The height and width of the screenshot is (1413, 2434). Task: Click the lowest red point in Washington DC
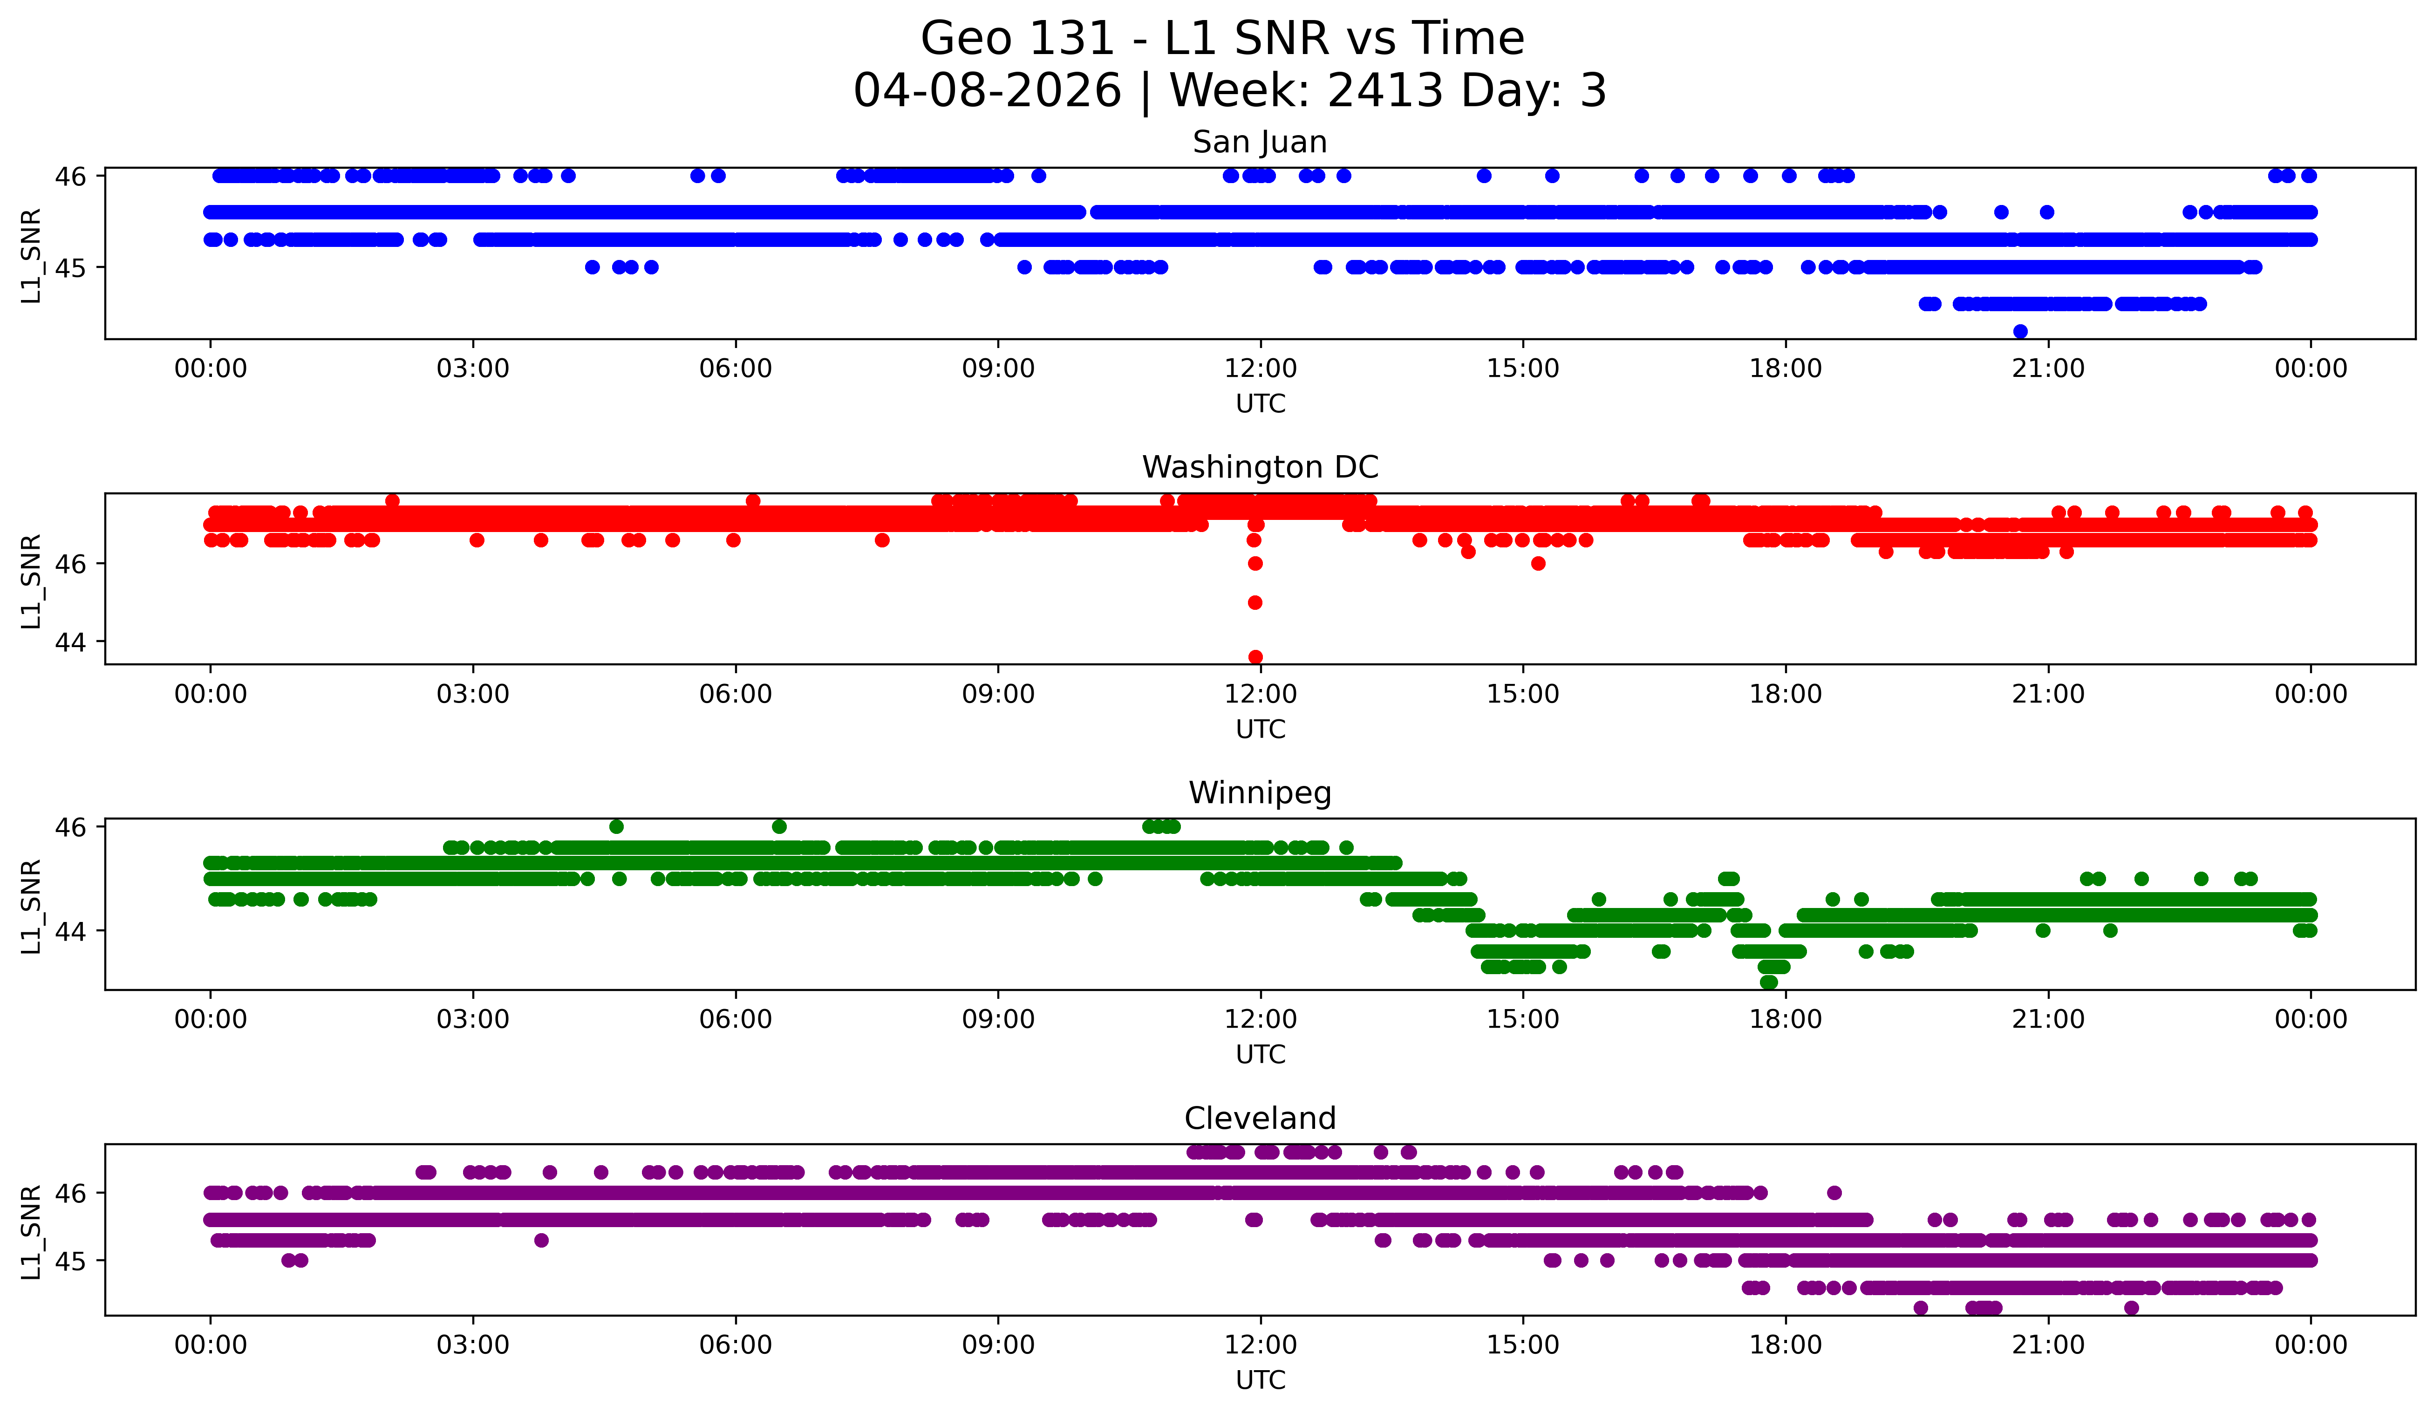1254,657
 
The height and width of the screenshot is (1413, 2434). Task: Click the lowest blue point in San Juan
2020,331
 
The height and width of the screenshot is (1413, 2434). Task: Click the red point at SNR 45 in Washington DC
1254,603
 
